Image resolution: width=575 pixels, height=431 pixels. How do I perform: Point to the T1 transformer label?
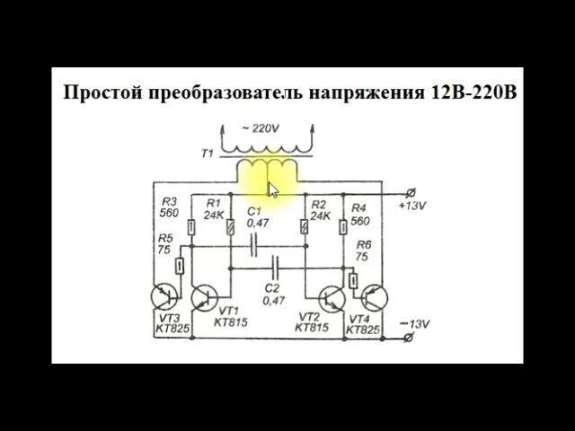[x=206, y=154]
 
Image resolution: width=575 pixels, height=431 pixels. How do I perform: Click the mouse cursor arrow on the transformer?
[x=273, y=189]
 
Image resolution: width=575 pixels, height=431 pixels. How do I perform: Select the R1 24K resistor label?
[x=214, y=209]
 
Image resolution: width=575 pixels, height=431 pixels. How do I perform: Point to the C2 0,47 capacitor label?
[x=273, y=294]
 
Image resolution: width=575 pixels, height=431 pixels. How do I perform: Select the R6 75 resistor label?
[x=363, y=251]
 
